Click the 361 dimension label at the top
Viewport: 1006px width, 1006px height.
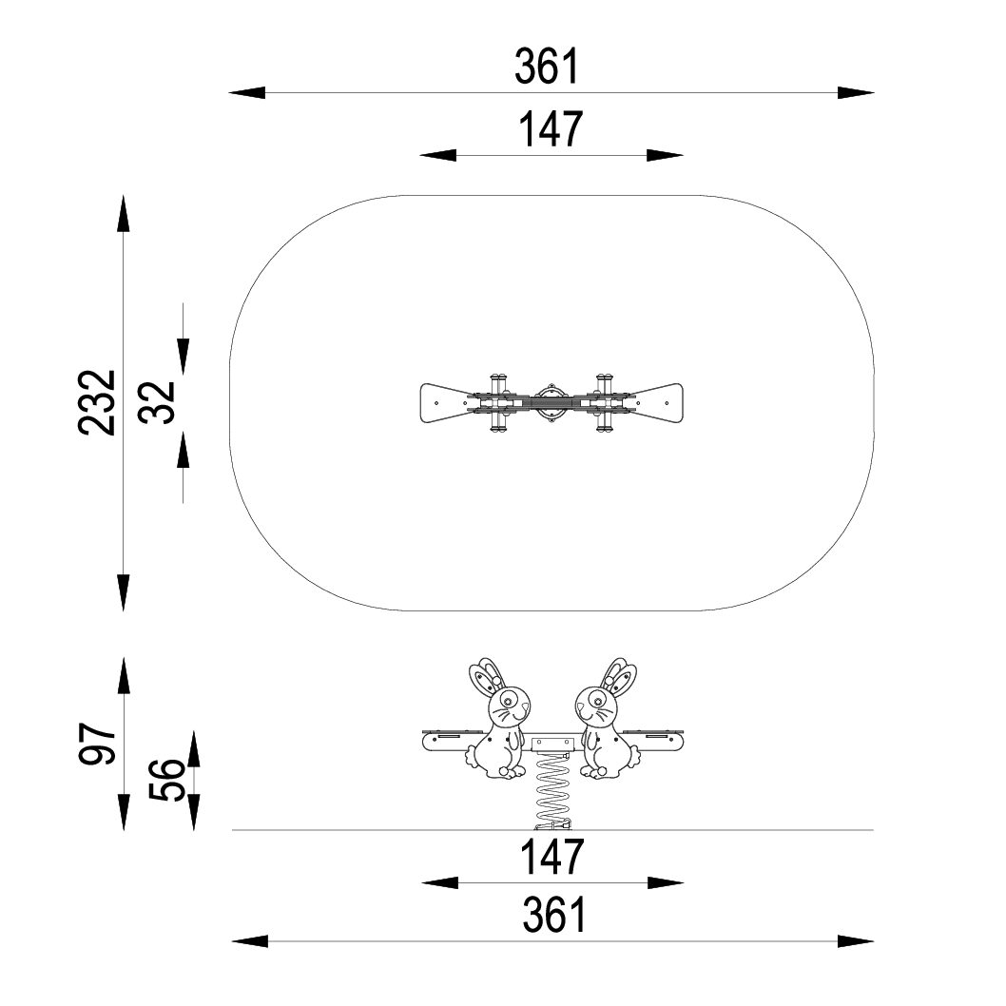coord(547,66)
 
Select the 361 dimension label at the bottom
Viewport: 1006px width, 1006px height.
coord(554,915)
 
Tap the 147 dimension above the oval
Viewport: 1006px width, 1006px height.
coord(551,128)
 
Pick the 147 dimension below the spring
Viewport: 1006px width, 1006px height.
coord(551,857)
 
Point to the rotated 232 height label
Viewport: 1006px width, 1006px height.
coord(97,403)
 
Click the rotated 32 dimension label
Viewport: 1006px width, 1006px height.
coord(157,402)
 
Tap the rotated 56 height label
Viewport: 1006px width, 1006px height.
coord(166,780)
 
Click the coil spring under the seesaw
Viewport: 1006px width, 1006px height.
coord(552,791)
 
